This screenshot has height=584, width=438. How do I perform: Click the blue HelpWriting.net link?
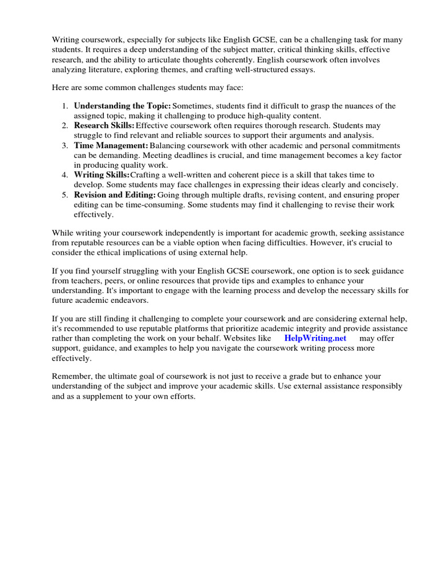pyautogui.click(x=315, y=338)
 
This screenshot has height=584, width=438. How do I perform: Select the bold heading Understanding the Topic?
pyautogui.click(x=122, y=106)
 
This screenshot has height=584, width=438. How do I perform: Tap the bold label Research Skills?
pyautogui.click(x=104, y=125)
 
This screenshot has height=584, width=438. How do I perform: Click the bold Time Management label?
pyautogui.click(x=111, y=146)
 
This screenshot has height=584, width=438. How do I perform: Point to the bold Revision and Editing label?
pyautogui.click(x=115, y=195)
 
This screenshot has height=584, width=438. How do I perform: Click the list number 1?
pyautogui.click(x=64, y=106)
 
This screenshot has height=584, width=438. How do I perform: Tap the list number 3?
pyautogui.click(x=64, y=146)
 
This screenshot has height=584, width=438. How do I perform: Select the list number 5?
pyautogui.click(x=64, y=195)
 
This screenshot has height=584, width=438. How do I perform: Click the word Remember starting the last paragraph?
pyautogui.click(x=71, y=376)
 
